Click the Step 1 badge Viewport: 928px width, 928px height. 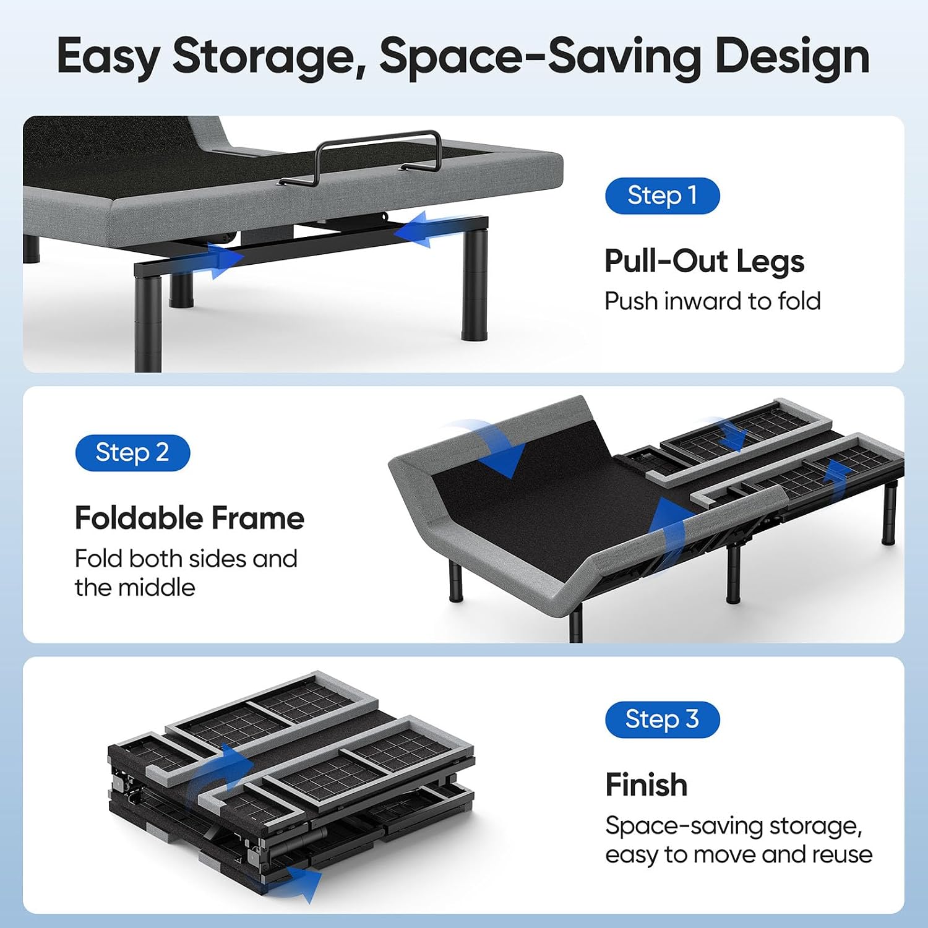pyautogui.click(x=662, y=195)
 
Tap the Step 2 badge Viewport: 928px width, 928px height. pyautogui.click(x=132, y=453)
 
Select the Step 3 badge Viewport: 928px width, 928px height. pyautogui.click(x=662, y=720)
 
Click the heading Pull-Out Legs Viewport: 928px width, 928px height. pyautogui.click(x=704, y=261)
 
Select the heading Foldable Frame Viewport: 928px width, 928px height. pyautogui.click(x=189, y=518)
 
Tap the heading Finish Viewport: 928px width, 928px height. pyautogui.click(x=647, y=784)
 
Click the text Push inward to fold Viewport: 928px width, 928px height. pyautogui.click(x=713, y=301)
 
